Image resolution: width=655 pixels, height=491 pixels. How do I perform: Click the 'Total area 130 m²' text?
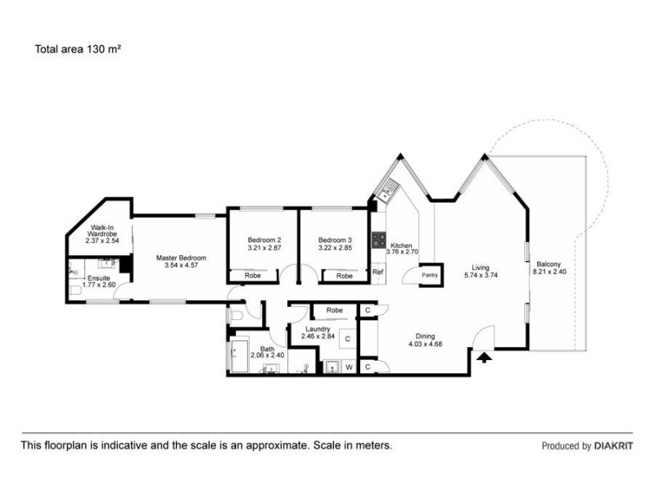pos(78,48)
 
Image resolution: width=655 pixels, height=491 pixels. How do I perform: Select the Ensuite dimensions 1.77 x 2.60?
pos(99,284)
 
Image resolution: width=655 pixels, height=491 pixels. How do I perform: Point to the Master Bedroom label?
pos(181,258)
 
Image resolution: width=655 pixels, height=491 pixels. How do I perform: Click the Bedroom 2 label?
pos(264,240)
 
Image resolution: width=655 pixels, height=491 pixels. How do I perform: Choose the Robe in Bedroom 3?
pos(345,276)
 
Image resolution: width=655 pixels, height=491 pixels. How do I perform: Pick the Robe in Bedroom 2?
pos(253,276)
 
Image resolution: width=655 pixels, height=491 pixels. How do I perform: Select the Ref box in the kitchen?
pos(378,273)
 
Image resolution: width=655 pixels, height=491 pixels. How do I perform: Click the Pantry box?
pos(430,275)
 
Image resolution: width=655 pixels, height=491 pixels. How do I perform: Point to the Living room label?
pos(481,268)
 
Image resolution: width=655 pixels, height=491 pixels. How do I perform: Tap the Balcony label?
pos(549,264)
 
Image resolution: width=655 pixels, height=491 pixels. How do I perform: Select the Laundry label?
pos(315,329)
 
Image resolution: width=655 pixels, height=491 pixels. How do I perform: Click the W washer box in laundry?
pos(349,367)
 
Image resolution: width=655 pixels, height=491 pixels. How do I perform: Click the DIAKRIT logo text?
pos(613,446)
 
